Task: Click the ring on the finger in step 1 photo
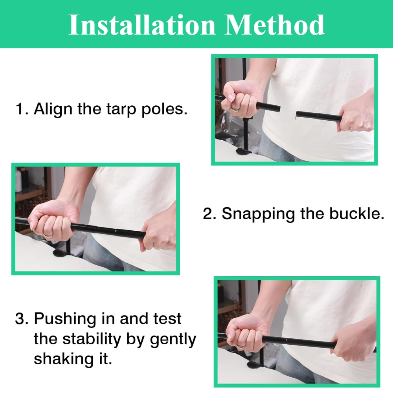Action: pos(235,110)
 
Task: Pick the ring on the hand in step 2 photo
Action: pos(48,235)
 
